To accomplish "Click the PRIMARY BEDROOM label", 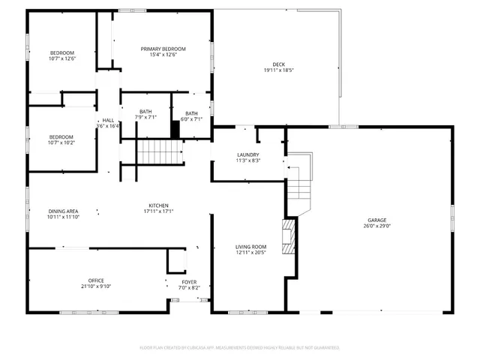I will point(163,49).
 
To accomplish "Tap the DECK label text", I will point(278,64).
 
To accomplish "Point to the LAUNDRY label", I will point(247,154).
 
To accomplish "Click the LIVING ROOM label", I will point(251,247).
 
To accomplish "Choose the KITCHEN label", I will point(157,205).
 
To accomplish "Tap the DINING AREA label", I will point(63,211).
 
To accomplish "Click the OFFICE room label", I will point(96,280).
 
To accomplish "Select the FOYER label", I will point(189,282).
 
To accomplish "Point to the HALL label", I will point(108,120).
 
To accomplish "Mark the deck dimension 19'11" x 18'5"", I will point(278,70).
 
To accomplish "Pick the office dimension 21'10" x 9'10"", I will point(96,286).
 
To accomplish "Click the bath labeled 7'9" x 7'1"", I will point(145,115).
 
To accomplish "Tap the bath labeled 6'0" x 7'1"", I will point(192,116).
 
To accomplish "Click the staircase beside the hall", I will point(160,153).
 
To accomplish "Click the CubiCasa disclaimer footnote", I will point(240,348).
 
